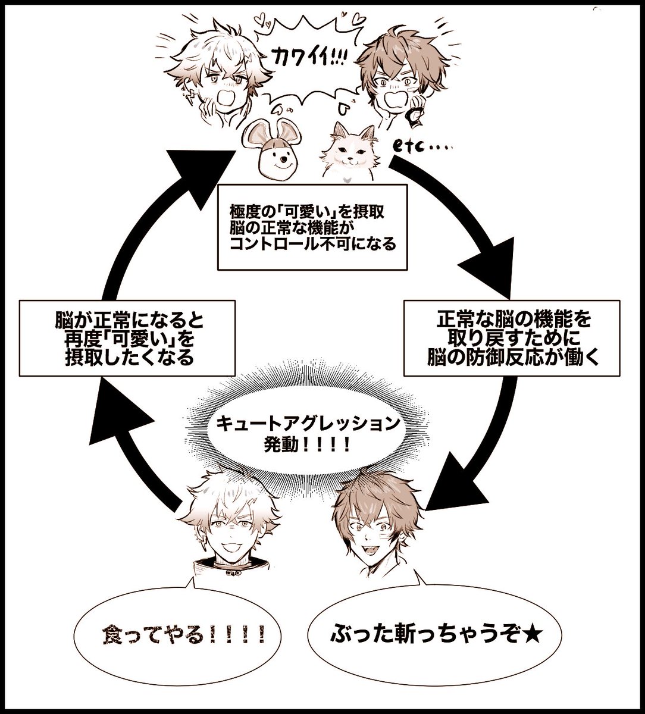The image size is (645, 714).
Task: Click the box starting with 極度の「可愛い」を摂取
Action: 312,227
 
